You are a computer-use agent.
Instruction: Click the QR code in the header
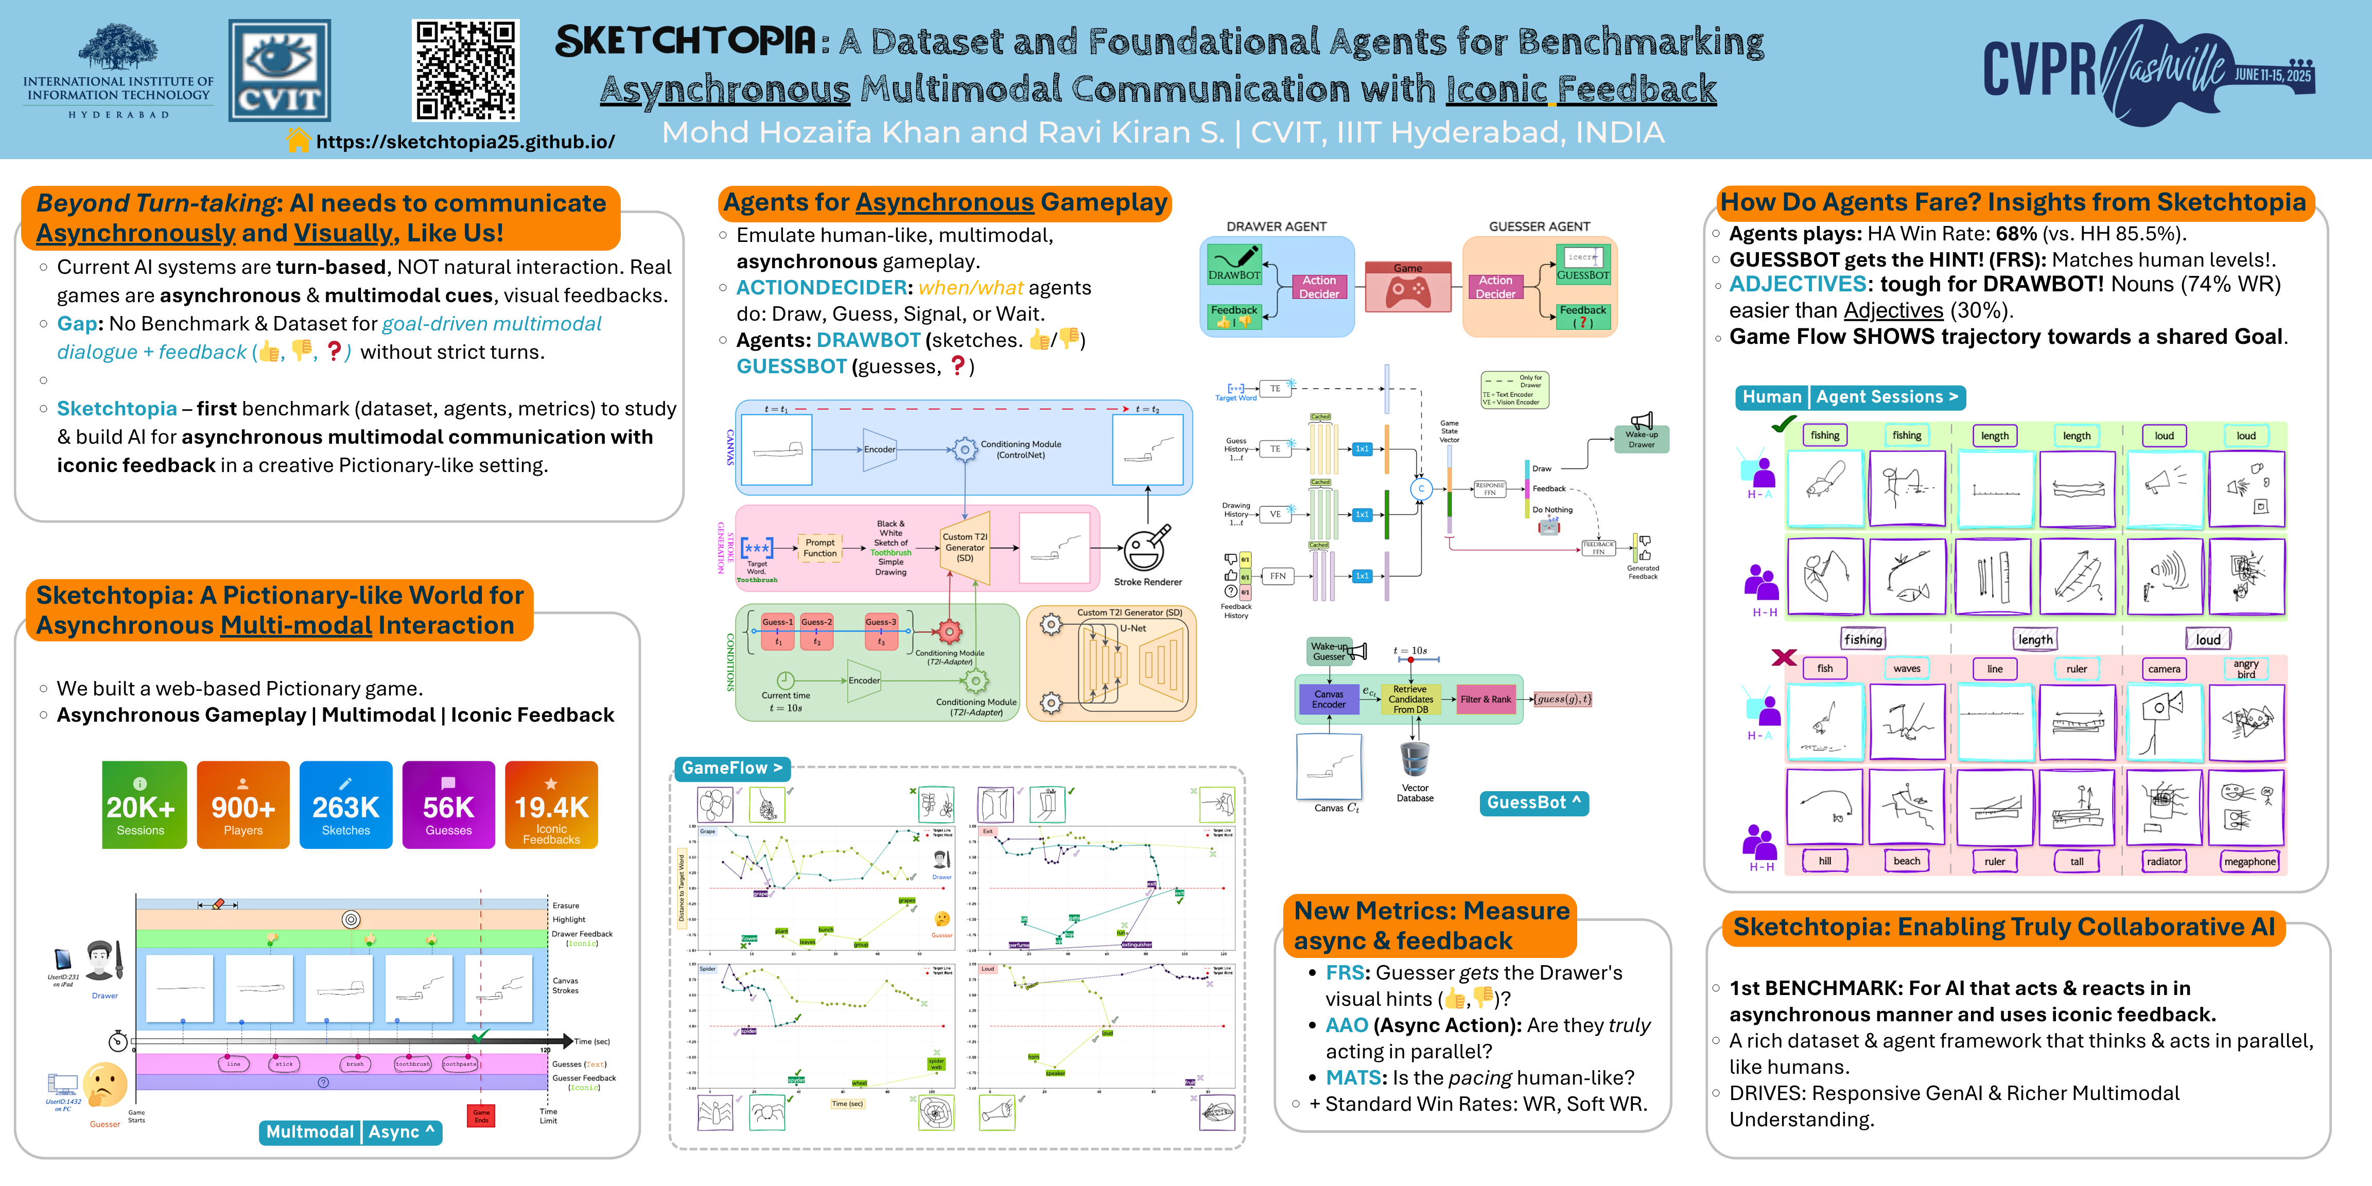tap(465, 71)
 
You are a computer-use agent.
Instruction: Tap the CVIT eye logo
tap(279, 71)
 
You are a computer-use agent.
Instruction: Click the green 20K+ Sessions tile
tap(144, 805)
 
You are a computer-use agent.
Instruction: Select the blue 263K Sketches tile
tap(345, 805)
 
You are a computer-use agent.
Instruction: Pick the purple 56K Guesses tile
tap(448, 805)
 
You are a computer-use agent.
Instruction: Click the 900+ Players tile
tap(243, 805)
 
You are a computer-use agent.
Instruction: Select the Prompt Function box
tap(819, 548)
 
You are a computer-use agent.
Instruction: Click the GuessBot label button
tap(1533, 803)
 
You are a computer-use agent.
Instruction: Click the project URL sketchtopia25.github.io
tap(465, 142)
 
